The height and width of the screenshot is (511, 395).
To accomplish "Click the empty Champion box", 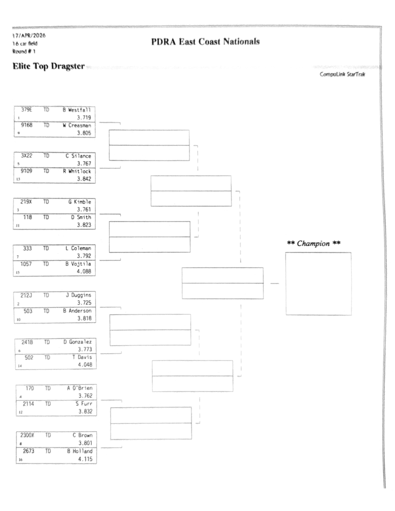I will [x=318, y=283].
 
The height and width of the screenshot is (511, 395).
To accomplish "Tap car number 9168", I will [x=27, y=126].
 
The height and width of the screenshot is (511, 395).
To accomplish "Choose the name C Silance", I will [x=80, y=156].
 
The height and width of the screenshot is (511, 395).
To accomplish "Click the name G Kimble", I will [x=81, y=202].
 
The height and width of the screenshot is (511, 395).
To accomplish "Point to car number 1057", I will [x=27, y=263].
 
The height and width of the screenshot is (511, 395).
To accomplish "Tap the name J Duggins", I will [x=80, y=295].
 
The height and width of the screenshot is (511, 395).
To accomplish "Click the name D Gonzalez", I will [x=79, y=341].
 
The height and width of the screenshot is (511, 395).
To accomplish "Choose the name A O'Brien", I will [x=80, y=388].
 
